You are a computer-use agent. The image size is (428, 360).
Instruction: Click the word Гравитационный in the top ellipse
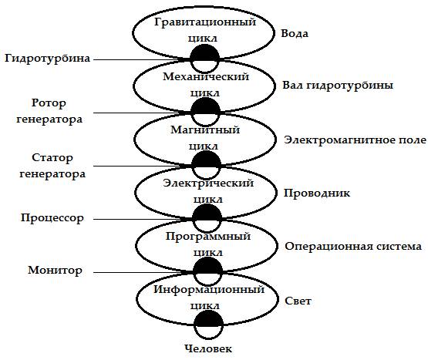[x=205, y=22]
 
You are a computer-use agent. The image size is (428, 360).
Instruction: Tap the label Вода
[x=295, y=34]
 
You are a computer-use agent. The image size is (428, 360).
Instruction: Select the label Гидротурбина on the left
[x=48, y=59]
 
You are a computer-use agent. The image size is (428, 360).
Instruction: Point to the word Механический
[x=206, y=76]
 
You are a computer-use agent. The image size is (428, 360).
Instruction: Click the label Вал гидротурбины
[x=338, y=86]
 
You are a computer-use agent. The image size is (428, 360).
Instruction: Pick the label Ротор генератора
[x=49, y=111]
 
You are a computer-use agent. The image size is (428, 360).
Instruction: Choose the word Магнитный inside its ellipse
[x=205, y=130]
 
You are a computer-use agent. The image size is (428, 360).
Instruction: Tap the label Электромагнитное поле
[x=355, y=140]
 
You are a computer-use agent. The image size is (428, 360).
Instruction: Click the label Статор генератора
[x=52, y=166]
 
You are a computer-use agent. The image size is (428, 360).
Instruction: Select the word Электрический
[x=208, y=183]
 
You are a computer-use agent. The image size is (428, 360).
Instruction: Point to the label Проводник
[x=317, y=193]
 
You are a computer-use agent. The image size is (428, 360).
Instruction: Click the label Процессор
[x=52, y=218]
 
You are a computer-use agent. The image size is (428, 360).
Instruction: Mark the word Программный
[x=208, y=237]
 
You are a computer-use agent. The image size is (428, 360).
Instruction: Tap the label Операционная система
[x=353, y=247]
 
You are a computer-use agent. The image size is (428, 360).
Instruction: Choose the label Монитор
[x=55, y=271]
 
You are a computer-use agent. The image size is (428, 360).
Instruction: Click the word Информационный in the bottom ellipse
[x=209, y=289]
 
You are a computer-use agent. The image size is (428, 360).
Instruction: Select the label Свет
[x=298, y=301]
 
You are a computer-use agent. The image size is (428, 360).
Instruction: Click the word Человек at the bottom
[x=208, y=348]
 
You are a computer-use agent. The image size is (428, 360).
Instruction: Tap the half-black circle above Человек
[x=208, y=325]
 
